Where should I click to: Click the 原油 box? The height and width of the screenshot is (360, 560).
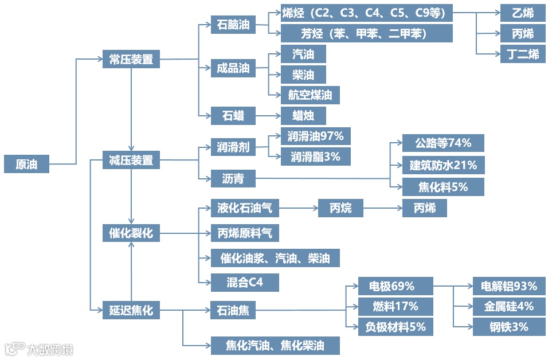coord(26,163)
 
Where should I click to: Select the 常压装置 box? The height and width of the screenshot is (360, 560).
coord(131,58)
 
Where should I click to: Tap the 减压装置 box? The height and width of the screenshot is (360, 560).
coord(131,161)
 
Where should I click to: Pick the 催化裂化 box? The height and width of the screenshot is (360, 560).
coord(131,233)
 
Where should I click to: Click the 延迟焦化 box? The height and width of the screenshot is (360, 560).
coord(131,310)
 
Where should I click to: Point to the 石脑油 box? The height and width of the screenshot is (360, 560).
coord(233,25)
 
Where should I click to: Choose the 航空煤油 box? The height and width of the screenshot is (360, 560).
coord(310,95)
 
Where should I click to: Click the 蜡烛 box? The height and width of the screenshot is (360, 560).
coord(303,116)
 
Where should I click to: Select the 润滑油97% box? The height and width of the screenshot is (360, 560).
coord(315,136)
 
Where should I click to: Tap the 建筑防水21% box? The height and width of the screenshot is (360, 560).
coord(442,165)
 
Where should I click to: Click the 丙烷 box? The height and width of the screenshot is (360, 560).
coord(340,208)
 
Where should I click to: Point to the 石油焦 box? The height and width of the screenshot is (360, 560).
coord(233,311)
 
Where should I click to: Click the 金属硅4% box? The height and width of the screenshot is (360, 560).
coord(508,307)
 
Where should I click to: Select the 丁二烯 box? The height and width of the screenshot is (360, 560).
coord(522,54)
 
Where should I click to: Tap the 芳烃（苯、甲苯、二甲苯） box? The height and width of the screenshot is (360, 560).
coord(366,33)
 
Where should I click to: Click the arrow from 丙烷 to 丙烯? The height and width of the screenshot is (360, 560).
coord(382,208)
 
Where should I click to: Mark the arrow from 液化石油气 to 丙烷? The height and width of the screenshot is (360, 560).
coord(298,208)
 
